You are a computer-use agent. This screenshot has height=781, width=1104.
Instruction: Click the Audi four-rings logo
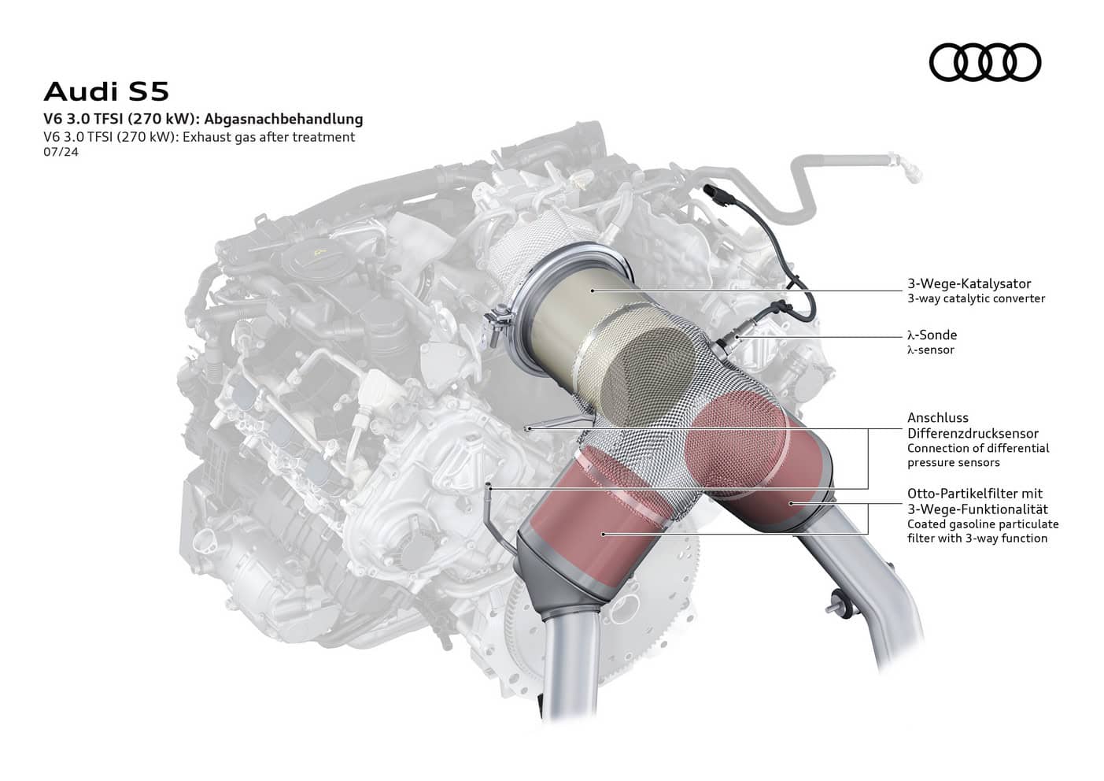984,62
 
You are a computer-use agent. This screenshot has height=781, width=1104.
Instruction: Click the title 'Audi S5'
106,91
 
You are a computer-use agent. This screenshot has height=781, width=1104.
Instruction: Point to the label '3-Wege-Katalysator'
969,283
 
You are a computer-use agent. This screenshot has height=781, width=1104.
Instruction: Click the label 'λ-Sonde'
932,335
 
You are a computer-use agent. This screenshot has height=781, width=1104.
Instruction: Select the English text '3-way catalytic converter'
976,298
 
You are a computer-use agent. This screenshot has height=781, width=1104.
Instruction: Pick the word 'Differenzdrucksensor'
973,433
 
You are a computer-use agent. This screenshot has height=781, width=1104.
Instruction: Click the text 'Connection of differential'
978,448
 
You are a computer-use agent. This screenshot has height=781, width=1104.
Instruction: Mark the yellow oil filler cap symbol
319,252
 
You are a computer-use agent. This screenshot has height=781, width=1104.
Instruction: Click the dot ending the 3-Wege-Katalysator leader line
594,291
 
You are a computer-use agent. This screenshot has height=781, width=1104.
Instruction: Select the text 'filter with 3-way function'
977,539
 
